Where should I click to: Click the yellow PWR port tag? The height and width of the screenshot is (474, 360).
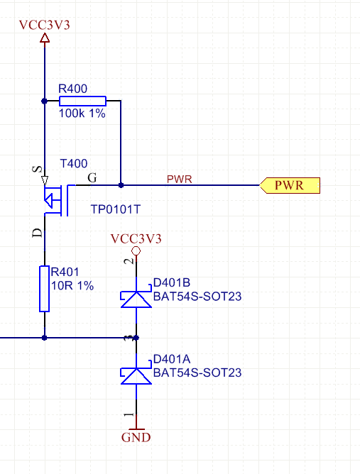(x=290, y=185)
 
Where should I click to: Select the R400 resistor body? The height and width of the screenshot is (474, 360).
(x=82, y=101)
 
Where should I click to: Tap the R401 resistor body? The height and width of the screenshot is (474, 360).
(x=45, y=289)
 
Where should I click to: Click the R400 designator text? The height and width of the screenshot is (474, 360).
(x=72, y=89)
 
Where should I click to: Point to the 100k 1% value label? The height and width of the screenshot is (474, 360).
(x=82, y=114)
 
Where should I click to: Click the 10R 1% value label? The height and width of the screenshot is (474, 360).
(x=72, y=286)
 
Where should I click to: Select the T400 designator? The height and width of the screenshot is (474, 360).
(x=74, y=163)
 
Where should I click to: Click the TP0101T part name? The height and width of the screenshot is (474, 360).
(x=116, y=209)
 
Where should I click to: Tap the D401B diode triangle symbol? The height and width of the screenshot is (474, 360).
(x=136, y=299)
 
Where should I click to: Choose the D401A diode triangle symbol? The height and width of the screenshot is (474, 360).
(x=136, y=376)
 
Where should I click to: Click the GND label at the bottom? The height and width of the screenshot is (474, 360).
(x=136, y=437)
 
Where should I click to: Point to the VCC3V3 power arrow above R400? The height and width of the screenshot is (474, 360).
(x=45, y=38)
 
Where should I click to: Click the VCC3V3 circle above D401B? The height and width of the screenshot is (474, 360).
(x=136, y=250)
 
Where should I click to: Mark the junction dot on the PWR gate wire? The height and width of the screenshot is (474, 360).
(x=121, y=185)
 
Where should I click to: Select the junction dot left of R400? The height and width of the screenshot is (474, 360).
(x=45, y=101)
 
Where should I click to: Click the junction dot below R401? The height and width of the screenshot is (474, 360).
(x=45, y=338)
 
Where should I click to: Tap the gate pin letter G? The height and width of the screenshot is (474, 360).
(x=92, y=177)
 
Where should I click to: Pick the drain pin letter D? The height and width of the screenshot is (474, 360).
(x=37, y=233)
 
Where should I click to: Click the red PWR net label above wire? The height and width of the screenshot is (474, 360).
(x=180, y=180)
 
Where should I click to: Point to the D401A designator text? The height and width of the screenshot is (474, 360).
(x=172, y=359)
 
